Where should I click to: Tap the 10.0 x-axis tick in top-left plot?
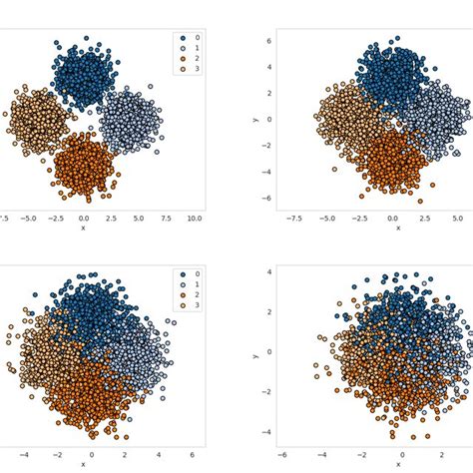pos(195,218)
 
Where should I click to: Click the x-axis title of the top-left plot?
pos(83,228)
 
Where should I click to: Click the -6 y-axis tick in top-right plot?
pos(264,198)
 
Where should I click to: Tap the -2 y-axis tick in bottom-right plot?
pos(264,392)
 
